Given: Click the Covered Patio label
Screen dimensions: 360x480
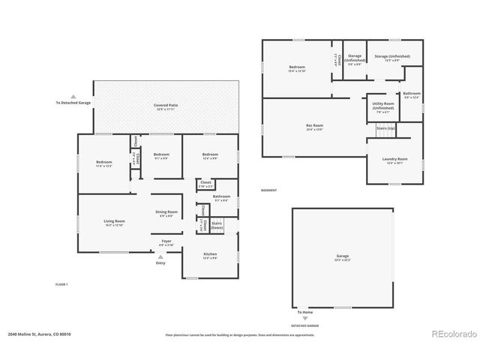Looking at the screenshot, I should [165, 106].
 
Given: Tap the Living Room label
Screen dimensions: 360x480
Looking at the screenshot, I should [114, 221].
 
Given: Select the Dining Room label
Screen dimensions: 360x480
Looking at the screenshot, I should [166, 213].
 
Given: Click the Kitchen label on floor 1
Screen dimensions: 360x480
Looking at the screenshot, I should [210, 255].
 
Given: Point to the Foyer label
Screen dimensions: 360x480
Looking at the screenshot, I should [166, 241].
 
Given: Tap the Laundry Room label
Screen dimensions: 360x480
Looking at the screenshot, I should [397, 160].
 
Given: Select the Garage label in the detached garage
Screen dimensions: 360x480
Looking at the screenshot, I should [342, 258].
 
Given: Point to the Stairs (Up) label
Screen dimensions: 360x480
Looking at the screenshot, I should [386, 128].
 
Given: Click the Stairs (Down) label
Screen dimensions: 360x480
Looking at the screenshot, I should [217, 225].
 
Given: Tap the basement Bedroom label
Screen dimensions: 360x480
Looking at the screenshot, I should [297, 68].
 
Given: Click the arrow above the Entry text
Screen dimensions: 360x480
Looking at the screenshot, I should [160, 256].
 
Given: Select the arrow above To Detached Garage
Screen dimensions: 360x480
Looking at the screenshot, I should [73, 96].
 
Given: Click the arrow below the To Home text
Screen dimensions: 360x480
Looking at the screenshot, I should [304, 319].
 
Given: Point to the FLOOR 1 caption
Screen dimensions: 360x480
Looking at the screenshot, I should [61, 284].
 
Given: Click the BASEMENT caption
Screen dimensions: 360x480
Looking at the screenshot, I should [268, 190].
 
